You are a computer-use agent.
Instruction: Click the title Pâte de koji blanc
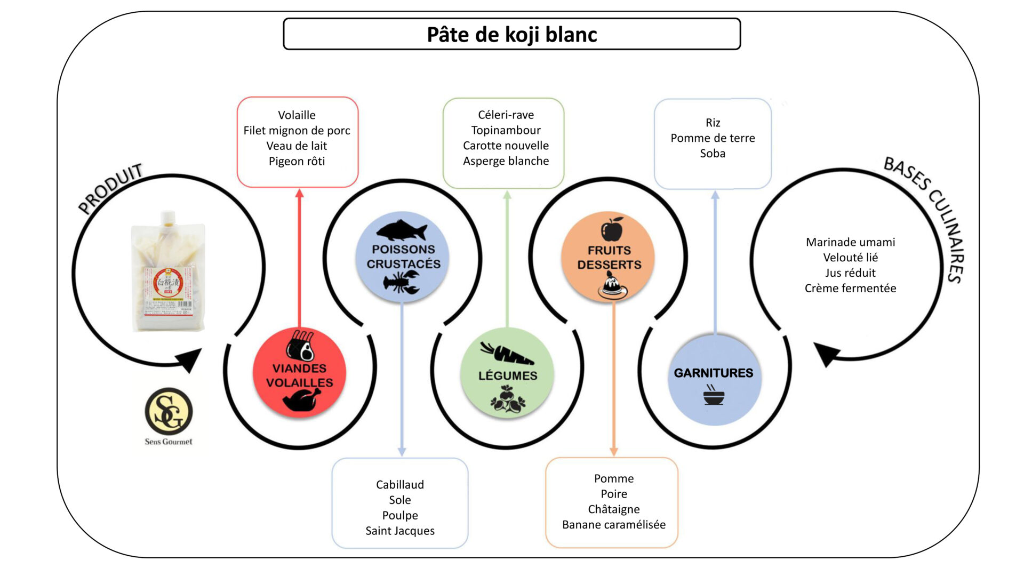pos(511,35)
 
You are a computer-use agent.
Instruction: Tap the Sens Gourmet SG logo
pos(169,412)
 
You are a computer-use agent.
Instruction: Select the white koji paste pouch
pos(168,272)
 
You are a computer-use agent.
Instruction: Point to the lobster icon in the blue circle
pos(402,282)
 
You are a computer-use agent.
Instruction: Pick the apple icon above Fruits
pos(612,229)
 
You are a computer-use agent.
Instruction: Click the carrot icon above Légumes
pos(506,353)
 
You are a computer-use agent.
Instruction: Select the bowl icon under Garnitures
pos(714,396)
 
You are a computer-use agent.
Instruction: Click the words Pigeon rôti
pos(297,161)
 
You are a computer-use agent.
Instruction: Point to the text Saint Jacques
pos(400,531)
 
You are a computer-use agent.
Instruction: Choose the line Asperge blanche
pos(506,161)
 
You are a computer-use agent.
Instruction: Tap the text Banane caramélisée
pos(614,525)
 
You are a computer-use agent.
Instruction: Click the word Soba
pos(713,154)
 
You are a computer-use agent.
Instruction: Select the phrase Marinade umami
pos(850,242)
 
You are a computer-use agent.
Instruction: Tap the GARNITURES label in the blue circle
pos(714,373)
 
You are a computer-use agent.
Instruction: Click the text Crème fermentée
pos(850,288)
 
